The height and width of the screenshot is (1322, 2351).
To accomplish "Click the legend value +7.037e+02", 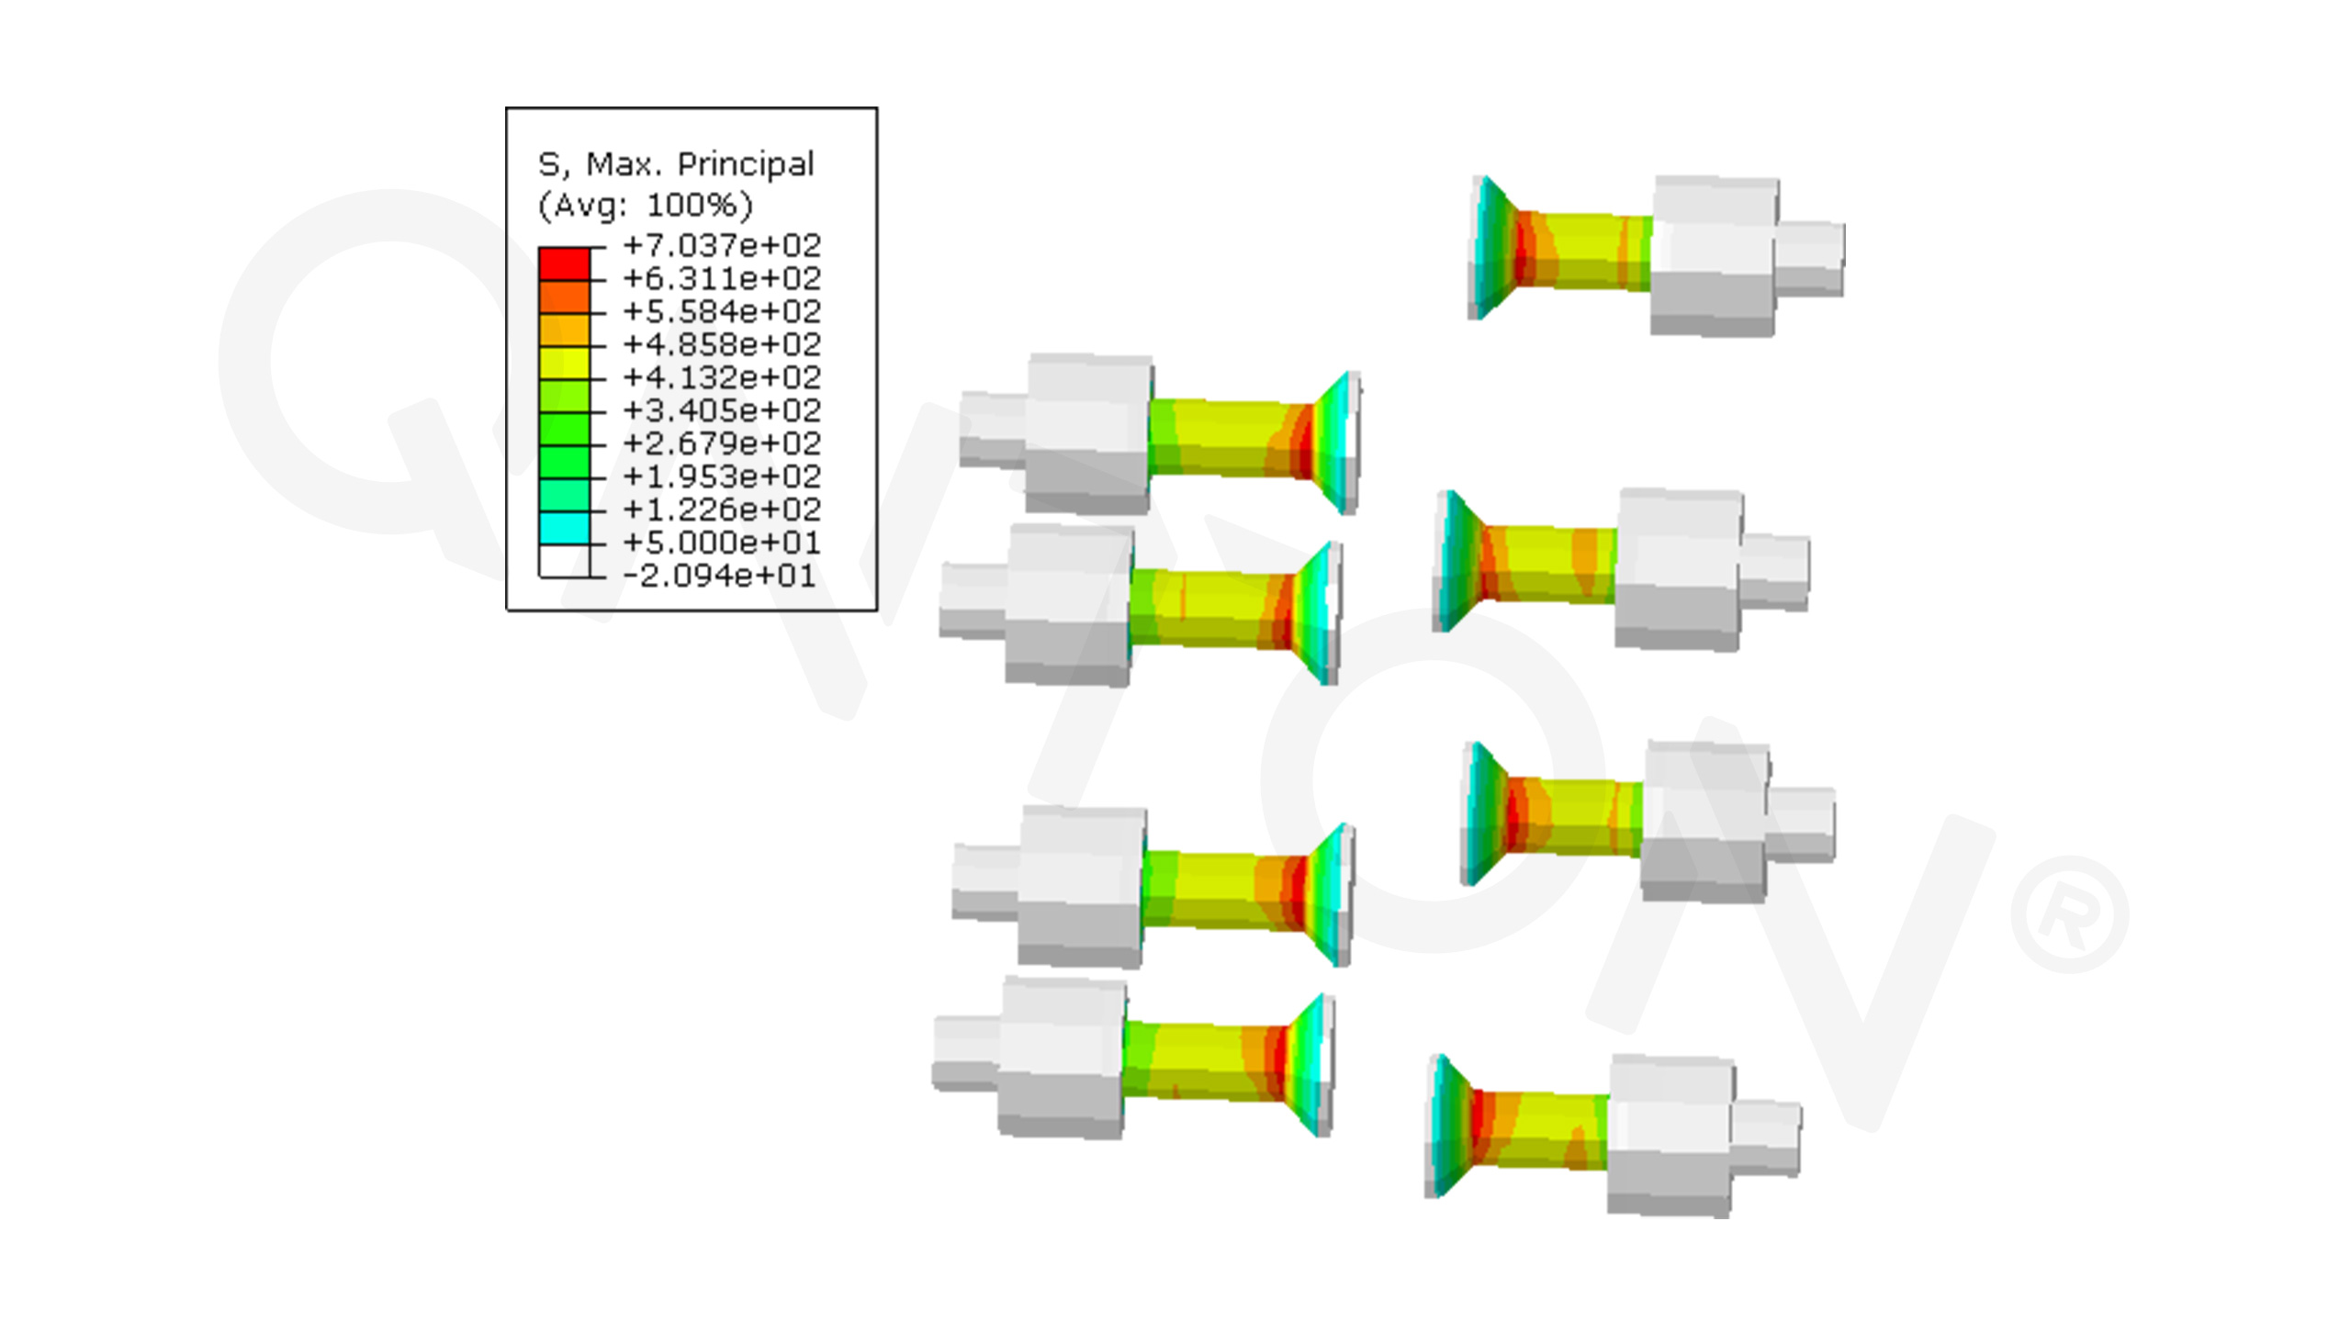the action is pos(722,245).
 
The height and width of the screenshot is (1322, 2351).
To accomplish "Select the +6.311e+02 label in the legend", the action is pos(722,278).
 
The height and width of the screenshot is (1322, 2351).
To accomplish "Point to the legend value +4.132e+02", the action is pos(722,377).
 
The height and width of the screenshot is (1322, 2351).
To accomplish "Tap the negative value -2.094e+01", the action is pos(719,576).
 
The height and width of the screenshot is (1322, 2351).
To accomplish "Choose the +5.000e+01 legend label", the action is pos(722,543).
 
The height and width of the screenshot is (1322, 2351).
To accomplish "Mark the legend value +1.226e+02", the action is pos(722,510).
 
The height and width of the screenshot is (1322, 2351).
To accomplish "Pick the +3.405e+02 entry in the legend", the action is pos(722,410).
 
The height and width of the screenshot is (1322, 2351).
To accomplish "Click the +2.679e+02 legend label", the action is pos(722,443).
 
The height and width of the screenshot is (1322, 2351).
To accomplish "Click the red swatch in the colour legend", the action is pos(564,263).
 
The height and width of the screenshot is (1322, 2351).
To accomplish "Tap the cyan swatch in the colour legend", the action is pos(564,528).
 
